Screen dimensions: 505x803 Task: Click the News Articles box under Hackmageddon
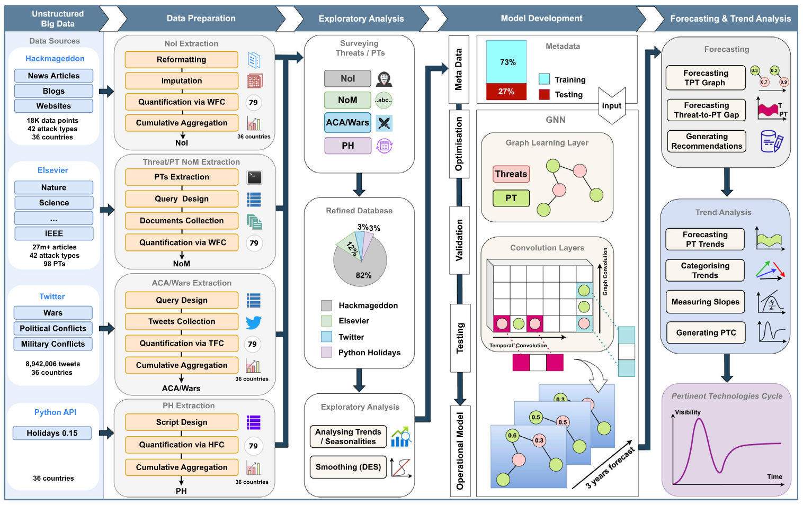[x=53, y=76]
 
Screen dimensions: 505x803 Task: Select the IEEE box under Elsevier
[x=53, y=233]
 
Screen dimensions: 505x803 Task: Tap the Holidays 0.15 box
[x=52, y=433]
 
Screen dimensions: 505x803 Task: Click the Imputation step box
[x=181, y=80]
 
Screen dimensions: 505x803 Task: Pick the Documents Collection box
[x=181, y=220]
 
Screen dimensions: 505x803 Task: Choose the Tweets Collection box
[x=181, y=321]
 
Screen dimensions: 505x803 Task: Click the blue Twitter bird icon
[x=254, y=322]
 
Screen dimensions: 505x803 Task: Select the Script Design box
[x=181, y=422]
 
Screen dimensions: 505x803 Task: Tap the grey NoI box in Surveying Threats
[x=347, y=78]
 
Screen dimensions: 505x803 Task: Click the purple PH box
[x=347, y=146]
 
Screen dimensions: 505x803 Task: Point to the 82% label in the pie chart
[x=363, y=275]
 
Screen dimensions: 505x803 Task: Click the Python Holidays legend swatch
[x=327, y=353]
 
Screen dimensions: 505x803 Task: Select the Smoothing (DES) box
[x=348, y=467]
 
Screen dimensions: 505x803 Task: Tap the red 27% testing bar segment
[x=506, y=92]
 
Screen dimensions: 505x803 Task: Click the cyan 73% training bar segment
[x=506, y=62]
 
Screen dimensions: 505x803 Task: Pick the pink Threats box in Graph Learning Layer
[x=511, y=174]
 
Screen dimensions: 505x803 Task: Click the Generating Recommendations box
[x=707, y=141]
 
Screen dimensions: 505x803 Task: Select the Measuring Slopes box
[x=705, y=302]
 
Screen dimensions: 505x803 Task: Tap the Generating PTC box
[x=706, y=332]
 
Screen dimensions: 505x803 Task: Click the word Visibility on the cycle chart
[x=688, y=412]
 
